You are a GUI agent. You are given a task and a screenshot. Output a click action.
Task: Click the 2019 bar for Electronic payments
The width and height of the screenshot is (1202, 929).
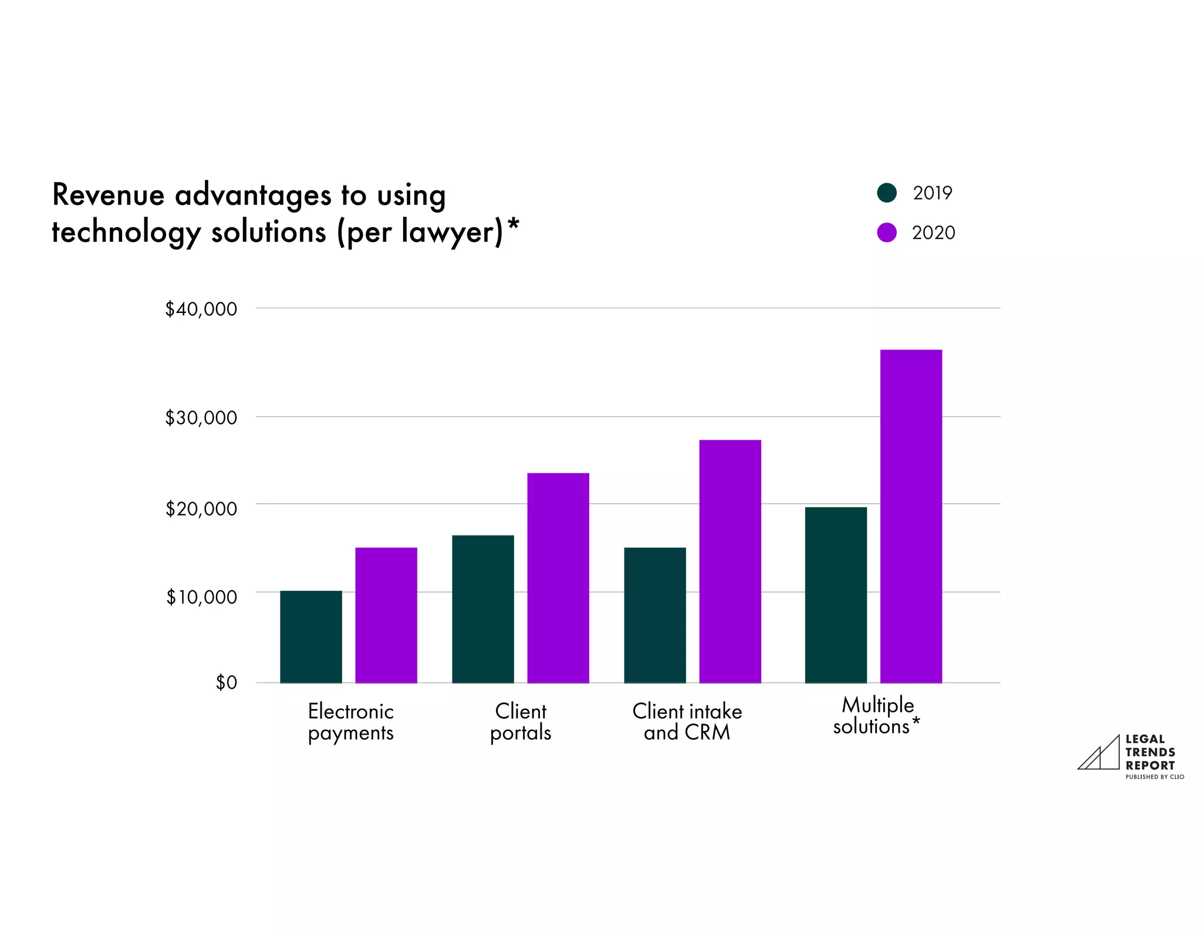point(311,637)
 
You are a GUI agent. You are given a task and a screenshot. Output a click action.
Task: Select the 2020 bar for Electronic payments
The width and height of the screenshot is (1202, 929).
point(386,615)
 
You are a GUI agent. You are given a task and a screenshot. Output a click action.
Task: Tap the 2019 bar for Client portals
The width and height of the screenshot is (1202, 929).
point(483,609)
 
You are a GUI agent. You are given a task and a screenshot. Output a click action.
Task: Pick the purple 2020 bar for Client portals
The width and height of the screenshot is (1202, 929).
point(558,578)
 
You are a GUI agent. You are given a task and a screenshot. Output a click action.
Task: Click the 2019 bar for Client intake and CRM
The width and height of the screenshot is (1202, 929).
point(655,615)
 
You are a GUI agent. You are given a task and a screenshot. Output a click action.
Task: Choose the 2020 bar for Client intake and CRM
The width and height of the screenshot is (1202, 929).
point(730,561)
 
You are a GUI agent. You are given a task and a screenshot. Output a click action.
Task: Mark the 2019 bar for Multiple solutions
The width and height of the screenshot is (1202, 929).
point(836,595)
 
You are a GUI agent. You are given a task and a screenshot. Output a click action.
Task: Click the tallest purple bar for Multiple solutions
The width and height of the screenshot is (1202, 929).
point(911,516)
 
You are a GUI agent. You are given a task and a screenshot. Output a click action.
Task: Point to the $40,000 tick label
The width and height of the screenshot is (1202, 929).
point(201,309)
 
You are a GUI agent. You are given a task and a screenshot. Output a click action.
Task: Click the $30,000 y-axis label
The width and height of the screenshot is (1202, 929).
point(201,418)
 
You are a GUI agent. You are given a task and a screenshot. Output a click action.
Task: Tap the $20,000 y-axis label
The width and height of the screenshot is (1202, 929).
point(201,509)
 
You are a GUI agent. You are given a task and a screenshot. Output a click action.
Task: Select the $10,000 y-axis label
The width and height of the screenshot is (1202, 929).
point(201,597)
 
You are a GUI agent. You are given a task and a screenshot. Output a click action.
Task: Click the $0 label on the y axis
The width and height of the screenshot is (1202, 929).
point(227,682)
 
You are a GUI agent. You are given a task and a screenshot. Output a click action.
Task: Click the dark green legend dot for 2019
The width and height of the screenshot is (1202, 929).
point(886,193)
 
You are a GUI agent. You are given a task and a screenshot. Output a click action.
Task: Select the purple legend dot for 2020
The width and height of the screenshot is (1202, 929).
point(886,233)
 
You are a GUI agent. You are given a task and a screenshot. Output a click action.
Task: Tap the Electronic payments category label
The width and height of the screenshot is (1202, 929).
point(350,722)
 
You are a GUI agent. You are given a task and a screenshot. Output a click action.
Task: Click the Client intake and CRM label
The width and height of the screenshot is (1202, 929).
point(687,722)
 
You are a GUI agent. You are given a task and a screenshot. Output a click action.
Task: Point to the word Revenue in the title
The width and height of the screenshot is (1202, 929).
point(108,195)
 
